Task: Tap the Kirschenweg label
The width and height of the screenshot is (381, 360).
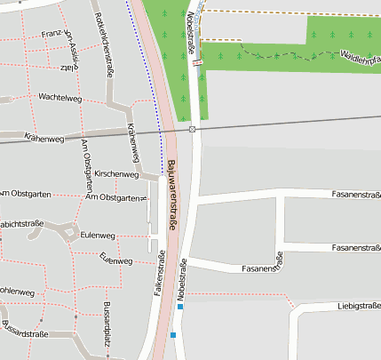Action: pos(116,174)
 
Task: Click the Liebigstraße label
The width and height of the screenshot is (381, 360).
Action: pos(358,306)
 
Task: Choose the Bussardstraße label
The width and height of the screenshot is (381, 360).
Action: pos(24,333)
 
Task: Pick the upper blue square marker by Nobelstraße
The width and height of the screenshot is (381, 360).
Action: pos(180,307)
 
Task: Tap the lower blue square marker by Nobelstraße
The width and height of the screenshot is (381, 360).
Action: pos(174,335)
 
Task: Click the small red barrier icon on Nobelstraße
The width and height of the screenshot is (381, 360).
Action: pos(197,52)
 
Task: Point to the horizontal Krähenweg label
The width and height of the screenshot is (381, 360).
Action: pos(45,140)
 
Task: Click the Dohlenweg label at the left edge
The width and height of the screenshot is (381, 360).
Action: pos(17,291)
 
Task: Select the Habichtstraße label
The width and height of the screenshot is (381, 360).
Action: pos(21,223)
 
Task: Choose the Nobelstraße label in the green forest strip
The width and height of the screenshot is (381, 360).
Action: pos(193,33)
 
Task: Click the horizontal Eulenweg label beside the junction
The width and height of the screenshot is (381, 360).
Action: pos(98,236)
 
